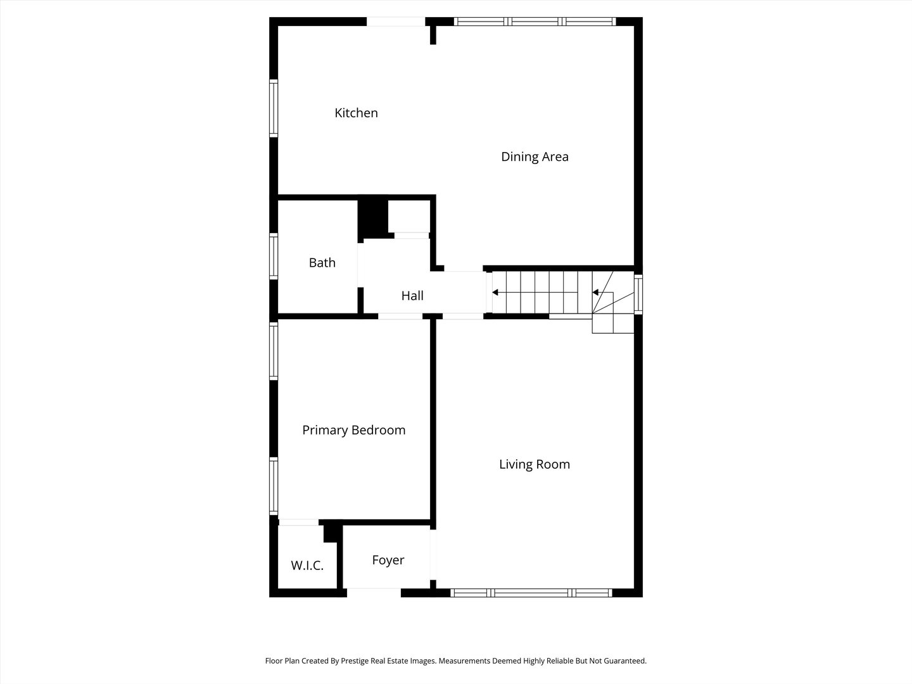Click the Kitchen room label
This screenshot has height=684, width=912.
coord(356,113)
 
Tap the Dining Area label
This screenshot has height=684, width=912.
coord(535,156)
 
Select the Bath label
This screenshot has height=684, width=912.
coord(322,262)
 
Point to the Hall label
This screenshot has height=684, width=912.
coord(412,295)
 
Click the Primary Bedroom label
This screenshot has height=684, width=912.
coord(353,430)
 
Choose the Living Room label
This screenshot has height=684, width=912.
coord(535,464)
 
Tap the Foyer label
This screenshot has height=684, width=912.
coord(388,560)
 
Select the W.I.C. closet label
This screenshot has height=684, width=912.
coord(307,566)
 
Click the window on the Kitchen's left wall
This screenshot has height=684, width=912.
coord(274,108)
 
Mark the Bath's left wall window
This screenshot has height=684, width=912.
coord(274,256)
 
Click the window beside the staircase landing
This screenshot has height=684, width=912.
coord(638,294)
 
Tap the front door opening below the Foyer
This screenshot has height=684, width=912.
coord(374,593)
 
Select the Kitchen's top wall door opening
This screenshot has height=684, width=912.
coord(396,22)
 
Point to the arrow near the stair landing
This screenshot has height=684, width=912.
coord(596,292)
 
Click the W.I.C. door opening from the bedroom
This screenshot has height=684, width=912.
coord(298,522)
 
